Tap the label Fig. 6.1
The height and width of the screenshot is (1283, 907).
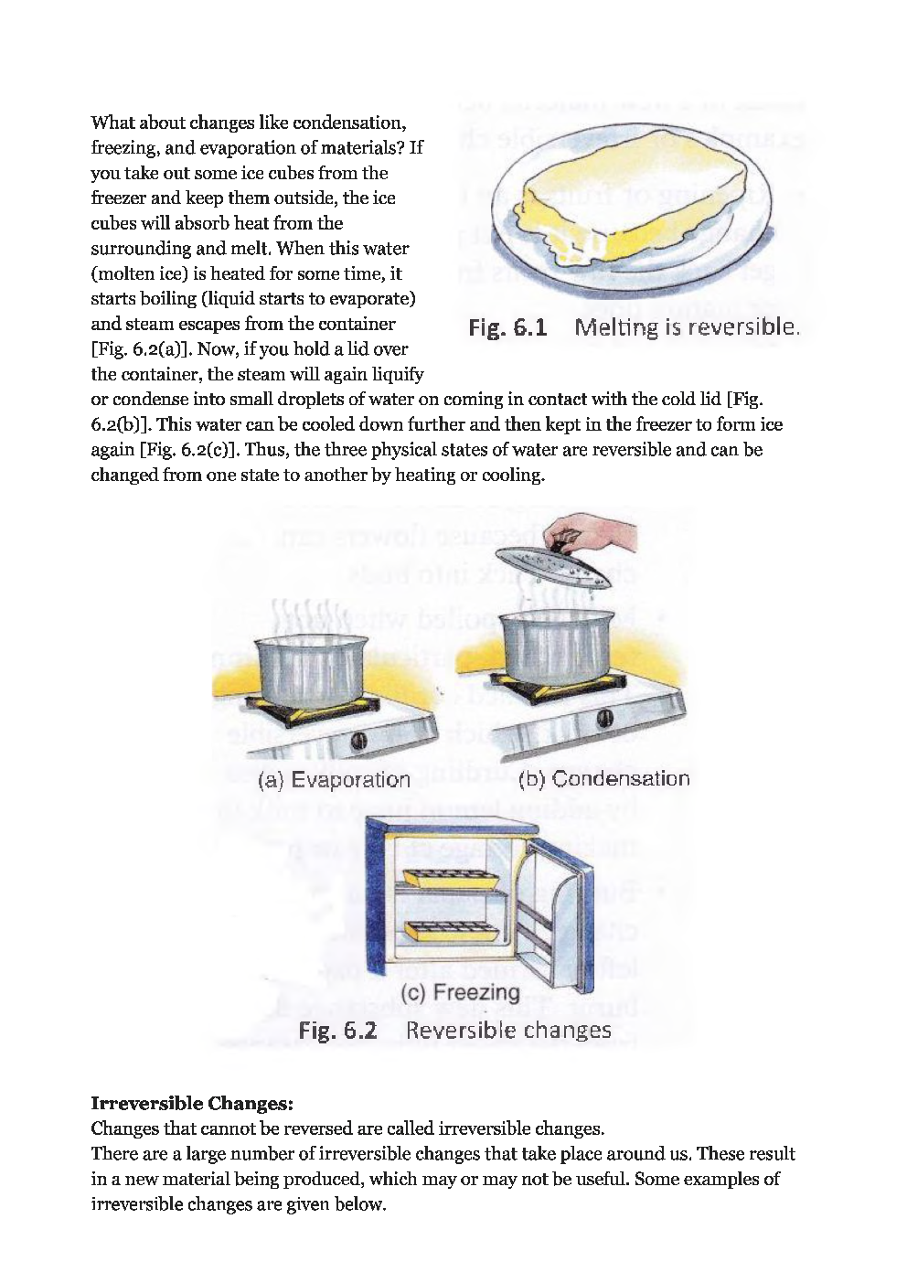[507, 327]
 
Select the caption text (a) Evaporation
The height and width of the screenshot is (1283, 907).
[334, 780]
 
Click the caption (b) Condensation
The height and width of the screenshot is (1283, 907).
[603, 779]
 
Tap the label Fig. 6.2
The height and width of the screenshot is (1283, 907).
[337, 1031]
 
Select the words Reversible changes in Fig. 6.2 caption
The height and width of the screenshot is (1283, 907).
[508, 1031]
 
